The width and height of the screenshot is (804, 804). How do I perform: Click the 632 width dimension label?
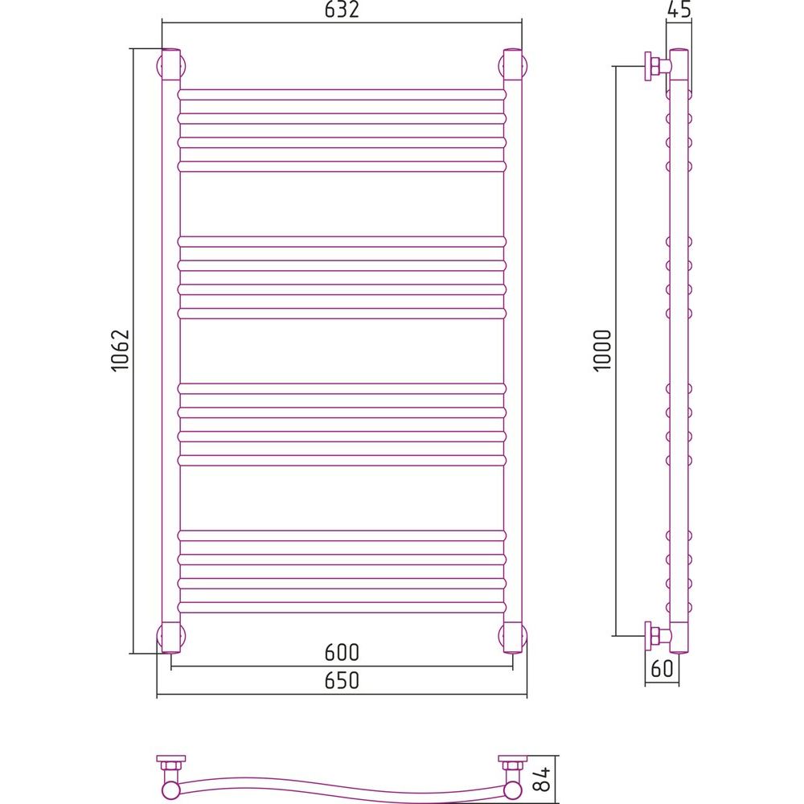[x=342, y=9]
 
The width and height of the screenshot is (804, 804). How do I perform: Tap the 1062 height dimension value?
[x=121, y=351]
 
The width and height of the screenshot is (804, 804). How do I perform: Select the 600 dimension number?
[x=342, y=652]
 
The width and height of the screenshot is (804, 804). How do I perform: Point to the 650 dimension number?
[x=342, y=680]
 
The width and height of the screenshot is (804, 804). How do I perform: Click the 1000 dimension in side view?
[x=603, y=351]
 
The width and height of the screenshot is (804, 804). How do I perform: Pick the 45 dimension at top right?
[x=679, y=9]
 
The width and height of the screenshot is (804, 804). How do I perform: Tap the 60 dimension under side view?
[x=662, y=668]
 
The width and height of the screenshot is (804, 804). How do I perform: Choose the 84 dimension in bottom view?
[x=543, y=778]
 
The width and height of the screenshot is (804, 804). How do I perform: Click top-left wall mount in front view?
[x=170, y=66]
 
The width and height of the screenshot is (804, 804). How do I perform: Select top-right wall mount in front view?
[x=513, y=66]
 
